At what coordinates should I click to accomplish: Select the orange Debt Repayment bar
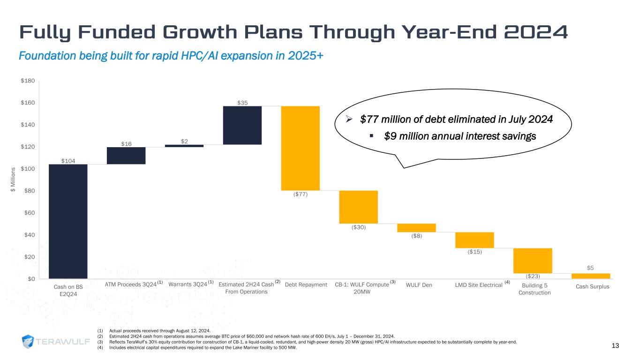coord(301,148)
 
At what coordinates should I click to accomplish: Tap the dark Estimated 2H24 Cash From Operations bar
coord(242,125)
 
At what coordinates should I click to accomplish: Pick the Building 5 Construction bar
coord(533,261)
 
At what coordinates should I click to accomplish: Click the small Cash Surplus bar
coord(591,276)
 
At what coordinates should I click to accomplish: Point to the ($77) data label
coord(301,195)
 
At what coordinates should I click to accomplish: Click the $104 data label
coord(68,161)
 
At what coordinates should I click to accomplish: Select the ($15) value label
coord(474,252)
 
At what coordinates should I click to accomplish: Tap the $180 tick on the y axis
coord(28,81)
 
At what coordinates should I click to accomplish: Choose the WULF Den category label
coord(419,285)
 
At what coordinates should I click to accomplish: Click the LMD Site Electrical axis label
coord(479,285)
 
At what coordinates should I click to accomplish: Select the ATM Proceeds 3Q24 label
coord(130,285)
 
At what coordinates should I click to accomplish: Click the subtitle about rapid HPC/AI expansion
coord(171,56)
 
